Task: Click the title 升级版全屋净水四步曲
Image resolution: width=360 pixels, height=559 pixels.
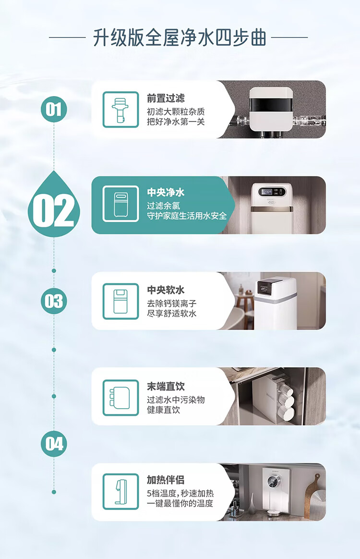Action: coord(180,37)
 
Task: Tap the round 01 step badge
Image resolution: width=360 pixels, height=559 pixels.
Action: coord(54,109)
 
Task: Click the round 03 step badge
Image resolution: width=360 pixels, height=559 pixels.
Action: coord(54,301)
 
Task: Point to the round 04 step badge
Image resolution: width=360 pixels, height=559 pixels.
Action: coord(54,444)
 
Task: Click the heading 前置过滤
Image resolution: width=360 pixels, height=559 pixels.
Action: coord(166,98)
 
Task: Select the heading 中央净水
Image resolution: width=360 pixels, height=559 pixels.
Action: coord(166,193)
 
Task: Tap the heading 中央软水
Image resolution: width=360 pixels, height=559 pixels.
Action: coord(166,290)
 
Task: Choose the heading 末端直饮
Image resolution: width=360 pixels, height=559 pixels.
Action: coord(166,386)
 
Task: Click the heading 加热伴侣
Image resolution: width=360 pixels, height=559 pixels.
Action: coord(166,479)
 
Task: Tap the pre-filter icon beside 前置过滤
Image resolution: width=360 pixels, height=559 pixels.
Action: coord(120,109)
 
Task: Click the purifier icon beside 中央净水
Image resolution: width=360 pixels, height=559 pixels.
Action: coord(120,204)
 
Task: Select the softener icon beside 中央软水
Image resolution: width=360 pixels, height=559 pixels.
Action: coord(120,301)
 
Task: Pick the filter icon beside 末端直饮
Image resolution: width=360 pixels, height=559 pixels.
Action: coord(120,398)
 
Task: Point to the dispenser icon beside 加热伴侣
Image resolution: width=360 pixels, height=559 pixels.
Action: coord(120,492)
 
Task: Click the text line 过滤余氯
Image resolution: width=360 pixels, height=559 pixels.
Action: coord(164,206)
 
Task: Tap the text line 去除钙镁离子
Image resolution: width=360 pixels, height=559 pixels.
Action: coord(172,304)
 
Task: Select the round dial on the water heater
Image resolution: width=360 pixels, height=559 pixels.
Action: coord(273,483)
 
